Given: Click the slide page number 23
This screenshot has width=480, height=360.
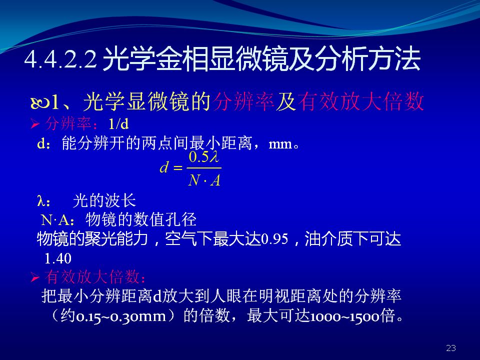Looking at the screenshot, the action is (x=451, y=348).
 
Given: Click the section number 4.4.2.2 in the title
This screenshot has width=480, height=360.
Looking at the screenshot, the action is (x=60, y=59).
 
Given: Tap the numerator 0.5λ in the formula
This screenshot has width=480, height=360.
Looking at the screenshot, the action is (x=204, y=157).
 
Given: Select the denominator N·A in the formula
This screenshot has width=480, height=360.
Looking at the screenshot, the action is (x=204, y=180).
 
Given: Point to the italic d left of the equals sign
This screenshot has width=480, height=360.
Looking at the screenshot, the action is (x=164, y=167).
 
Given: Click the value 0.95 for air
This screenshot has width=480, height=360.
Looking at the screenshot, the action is (x=274, y=239).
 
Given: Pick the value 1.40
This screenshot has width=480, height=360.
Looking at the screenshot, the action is (x=58, y=258).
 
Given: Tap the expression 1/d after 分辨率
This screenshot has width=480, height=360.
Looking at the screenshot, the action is (x=119, y=124).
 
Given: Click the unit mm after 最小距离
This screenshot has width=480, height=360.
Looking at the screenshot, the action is (x=280, y=144).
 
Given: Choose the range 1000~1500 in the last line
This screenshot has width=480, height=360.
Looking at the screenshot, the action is (x=345, y=316).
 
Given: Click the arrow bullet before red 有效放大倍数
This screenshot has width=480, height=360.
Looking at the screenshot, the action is (x=35, y=277).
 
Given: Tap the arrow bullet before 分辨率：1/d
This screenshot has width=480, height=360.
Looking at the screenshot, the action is (x=35, y=124).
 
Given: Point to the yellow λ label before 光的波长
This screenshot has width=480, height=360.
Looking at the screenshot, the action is (x=40, y=201).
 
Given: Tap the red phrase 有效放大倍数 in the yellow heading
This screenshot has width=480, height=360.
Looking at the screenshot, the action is (x=360, y=101).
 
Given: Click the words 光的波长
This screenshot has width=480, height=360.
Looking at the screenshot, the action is (x=104, y=201).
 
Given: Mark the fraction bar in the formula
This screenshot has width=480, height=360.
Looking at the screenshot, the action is (x=204, y=168).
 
